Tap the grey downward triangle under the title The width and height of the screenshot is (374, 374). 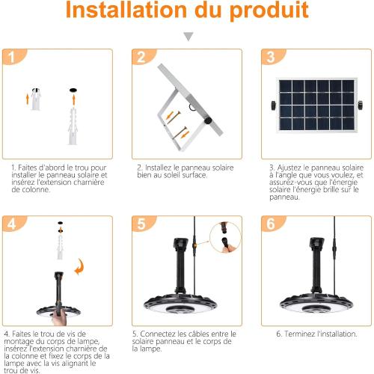[188, 36]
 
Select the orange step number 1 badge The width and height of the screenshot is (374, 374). [11, 58]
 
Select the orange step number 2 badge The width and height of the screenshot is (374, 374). [141, 58]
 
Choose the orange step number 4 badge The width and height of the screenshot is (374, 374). [11, 224]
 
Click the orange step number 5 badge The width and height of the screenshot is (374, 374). [141, 224]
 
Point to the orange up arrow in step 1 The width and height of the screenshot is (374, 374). [30, 97]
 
